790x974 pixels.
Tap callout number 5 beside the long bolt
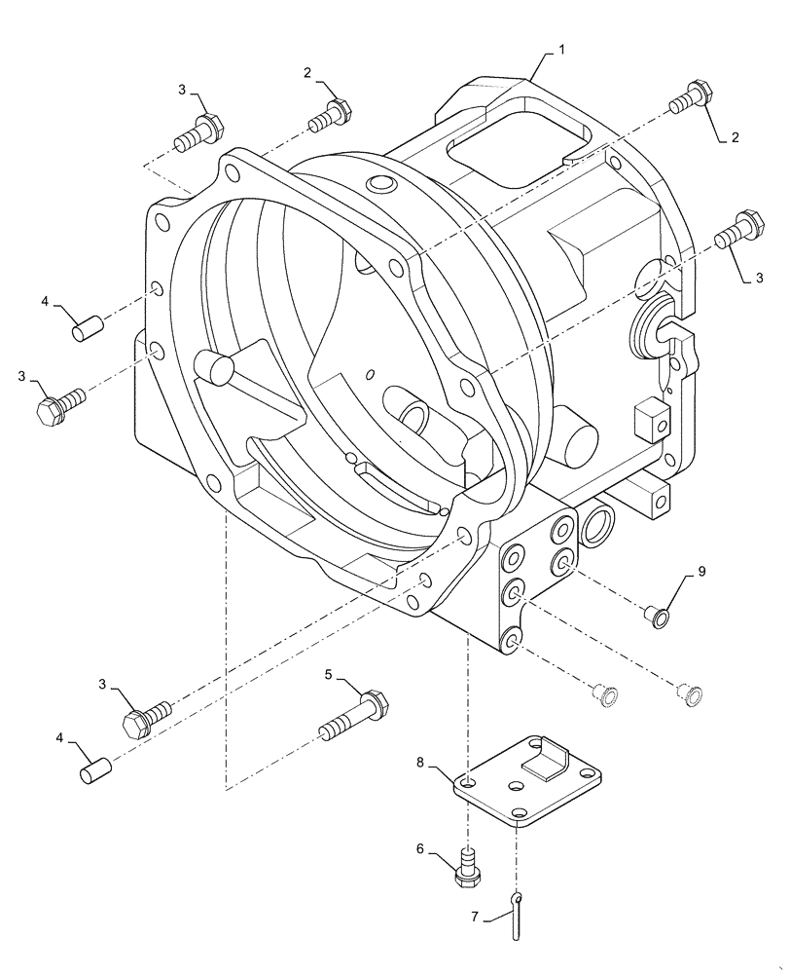point(329,674)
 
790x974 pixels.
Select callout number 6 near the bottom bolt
point(419,849)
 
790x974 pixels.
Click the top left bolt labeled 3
point(197,134)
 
